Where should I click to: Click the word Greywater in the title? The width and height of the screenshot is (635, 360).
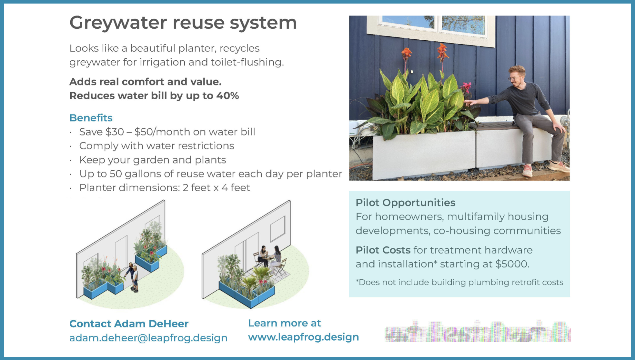pos(118,23)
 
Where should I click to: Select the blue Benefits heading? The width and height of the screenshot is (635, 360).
pos(91,118)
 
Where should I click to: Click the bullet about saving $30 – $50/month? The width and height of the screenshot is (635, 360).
pos(167,132)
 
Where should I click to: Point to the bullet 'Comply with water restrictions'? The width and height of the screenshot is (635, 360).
pos(156,146)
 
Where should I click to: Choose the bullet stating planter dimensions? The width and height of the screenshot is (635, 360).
pos(165,188)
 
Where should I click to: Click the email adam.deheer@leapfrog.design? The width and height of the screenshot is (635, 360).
pos(148,338)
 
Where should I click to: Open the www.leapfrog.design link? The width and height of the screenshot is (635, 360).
pos(303,337)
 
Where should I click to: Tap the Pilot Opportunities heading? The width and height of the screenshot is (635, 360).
pos(405,203)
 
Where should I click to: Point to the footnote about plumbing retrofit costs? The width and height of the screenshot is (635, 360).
pos(459,282)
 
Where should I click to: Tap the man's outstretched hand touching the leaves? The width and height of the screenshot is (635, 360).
pos(469,103)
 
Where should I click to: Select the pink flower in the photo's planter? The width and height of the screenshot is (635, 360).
pos(466,86)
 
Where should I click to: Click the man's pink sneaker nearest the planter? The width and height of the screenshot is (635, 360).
pos(527,170)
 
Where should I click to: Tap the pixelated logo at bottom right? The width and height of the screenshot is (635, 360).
pos(478,332)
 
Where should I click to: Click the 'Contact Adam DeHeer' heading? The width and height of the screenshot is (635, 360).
pos(129,324)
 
